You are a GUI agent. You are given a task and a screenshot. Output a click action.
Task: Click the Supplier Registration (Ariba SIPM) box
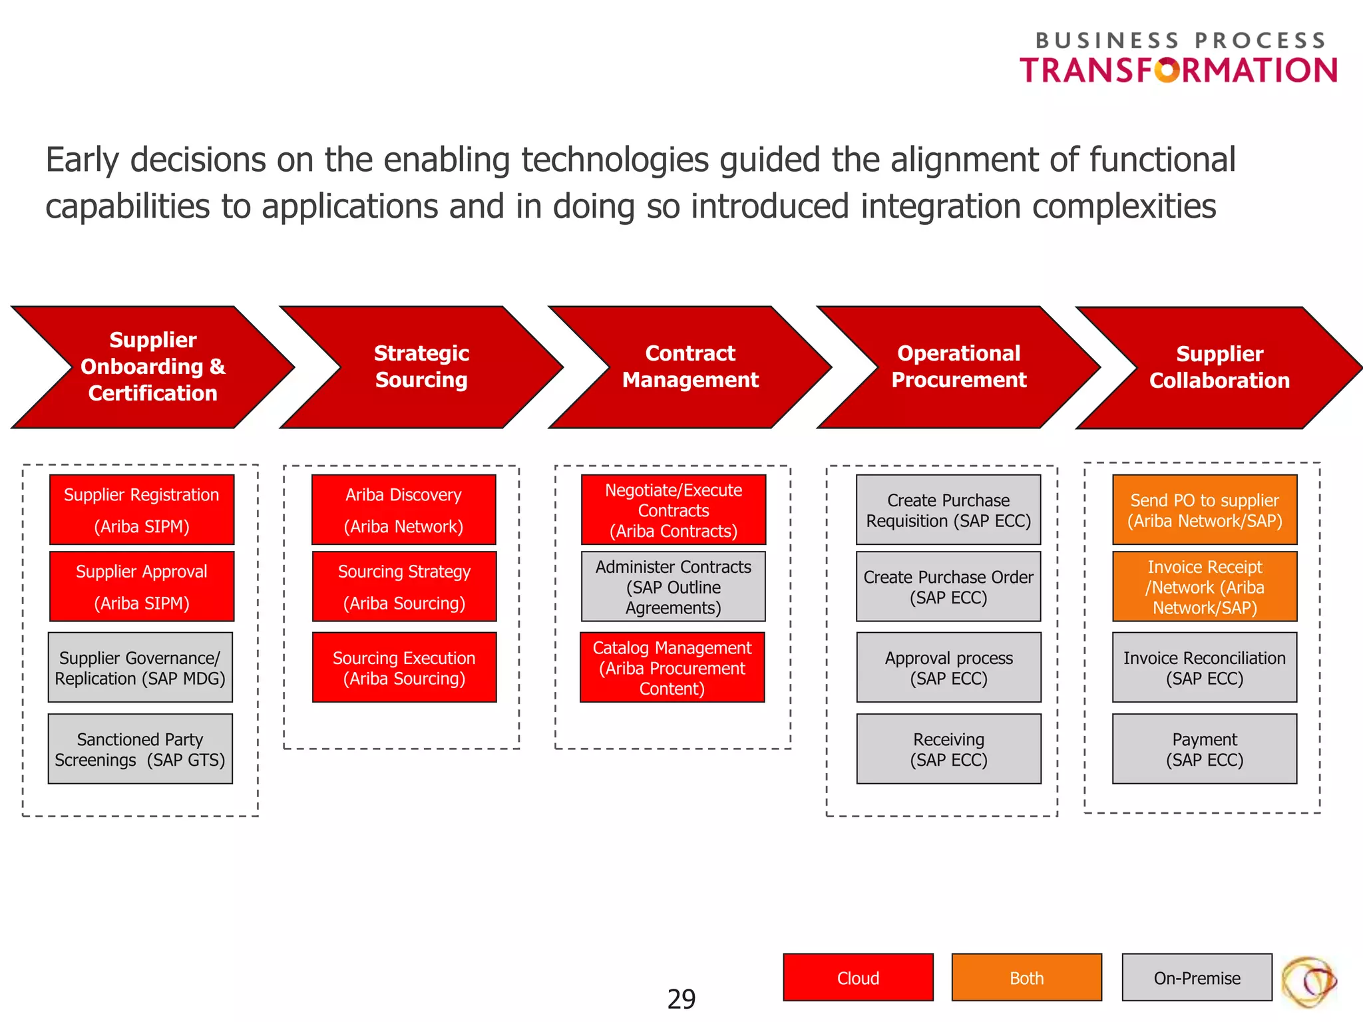(x=142, y=510)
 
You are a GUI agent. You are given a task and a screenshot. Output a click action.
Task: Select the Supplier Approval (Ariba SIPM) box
(x=142, y=586)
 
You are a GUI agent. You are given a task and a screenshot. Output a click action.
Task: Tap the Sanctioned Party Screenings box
(x=140, y=749)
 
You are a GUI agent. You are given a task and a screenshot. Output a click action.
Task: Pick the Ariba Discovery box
(x=404, y=510)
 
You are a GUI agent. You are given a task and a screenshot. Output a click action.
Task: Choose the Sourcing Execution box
(x=404, y=667)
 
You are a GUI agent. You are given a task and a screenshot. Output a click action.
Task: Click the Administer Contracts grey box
(x=673, y=586)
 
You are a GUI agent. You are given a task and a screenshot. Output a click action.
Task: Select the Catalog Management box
(x=672, y=667)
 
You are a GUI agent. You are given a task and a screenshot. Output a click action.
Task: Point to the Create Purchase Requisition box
(x=948, y=510)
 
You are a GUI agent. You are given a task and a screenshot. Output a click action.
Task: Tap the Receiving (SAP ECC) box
(x=948, y=749)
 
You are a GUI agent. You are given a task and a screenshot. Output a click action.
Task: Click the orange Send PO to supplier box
(x=1205, y=510)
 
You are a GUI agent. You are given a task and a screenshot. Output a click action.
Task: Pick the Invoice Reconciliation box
(x=1205, y=667)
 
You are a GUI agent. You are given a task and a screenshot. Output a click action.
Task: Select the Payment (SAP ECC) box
(x=1205, y=749)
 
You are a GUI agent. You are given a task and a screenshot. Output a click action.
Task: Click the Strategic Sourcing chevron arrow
(x=421, y=367)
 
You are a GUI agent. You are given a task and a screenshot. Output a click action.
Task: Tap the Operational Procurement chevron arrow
(x=958, y=367)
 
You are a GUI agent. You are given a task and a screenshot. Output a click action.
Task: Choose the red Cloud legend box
(x=858, y=977)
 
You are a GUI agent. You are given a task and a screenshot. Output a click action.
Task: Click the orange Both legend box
(x=1026, y=977)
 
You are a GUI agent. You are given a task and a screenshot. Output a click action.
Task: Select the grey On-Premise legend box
(x=1197, y=977)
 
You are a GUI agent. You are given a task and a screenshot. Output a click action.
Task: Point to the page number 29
(x=681, y=999)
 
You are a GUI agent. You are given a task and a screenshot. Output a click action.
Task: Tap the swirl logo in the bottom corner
(x=1308, y=982)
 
